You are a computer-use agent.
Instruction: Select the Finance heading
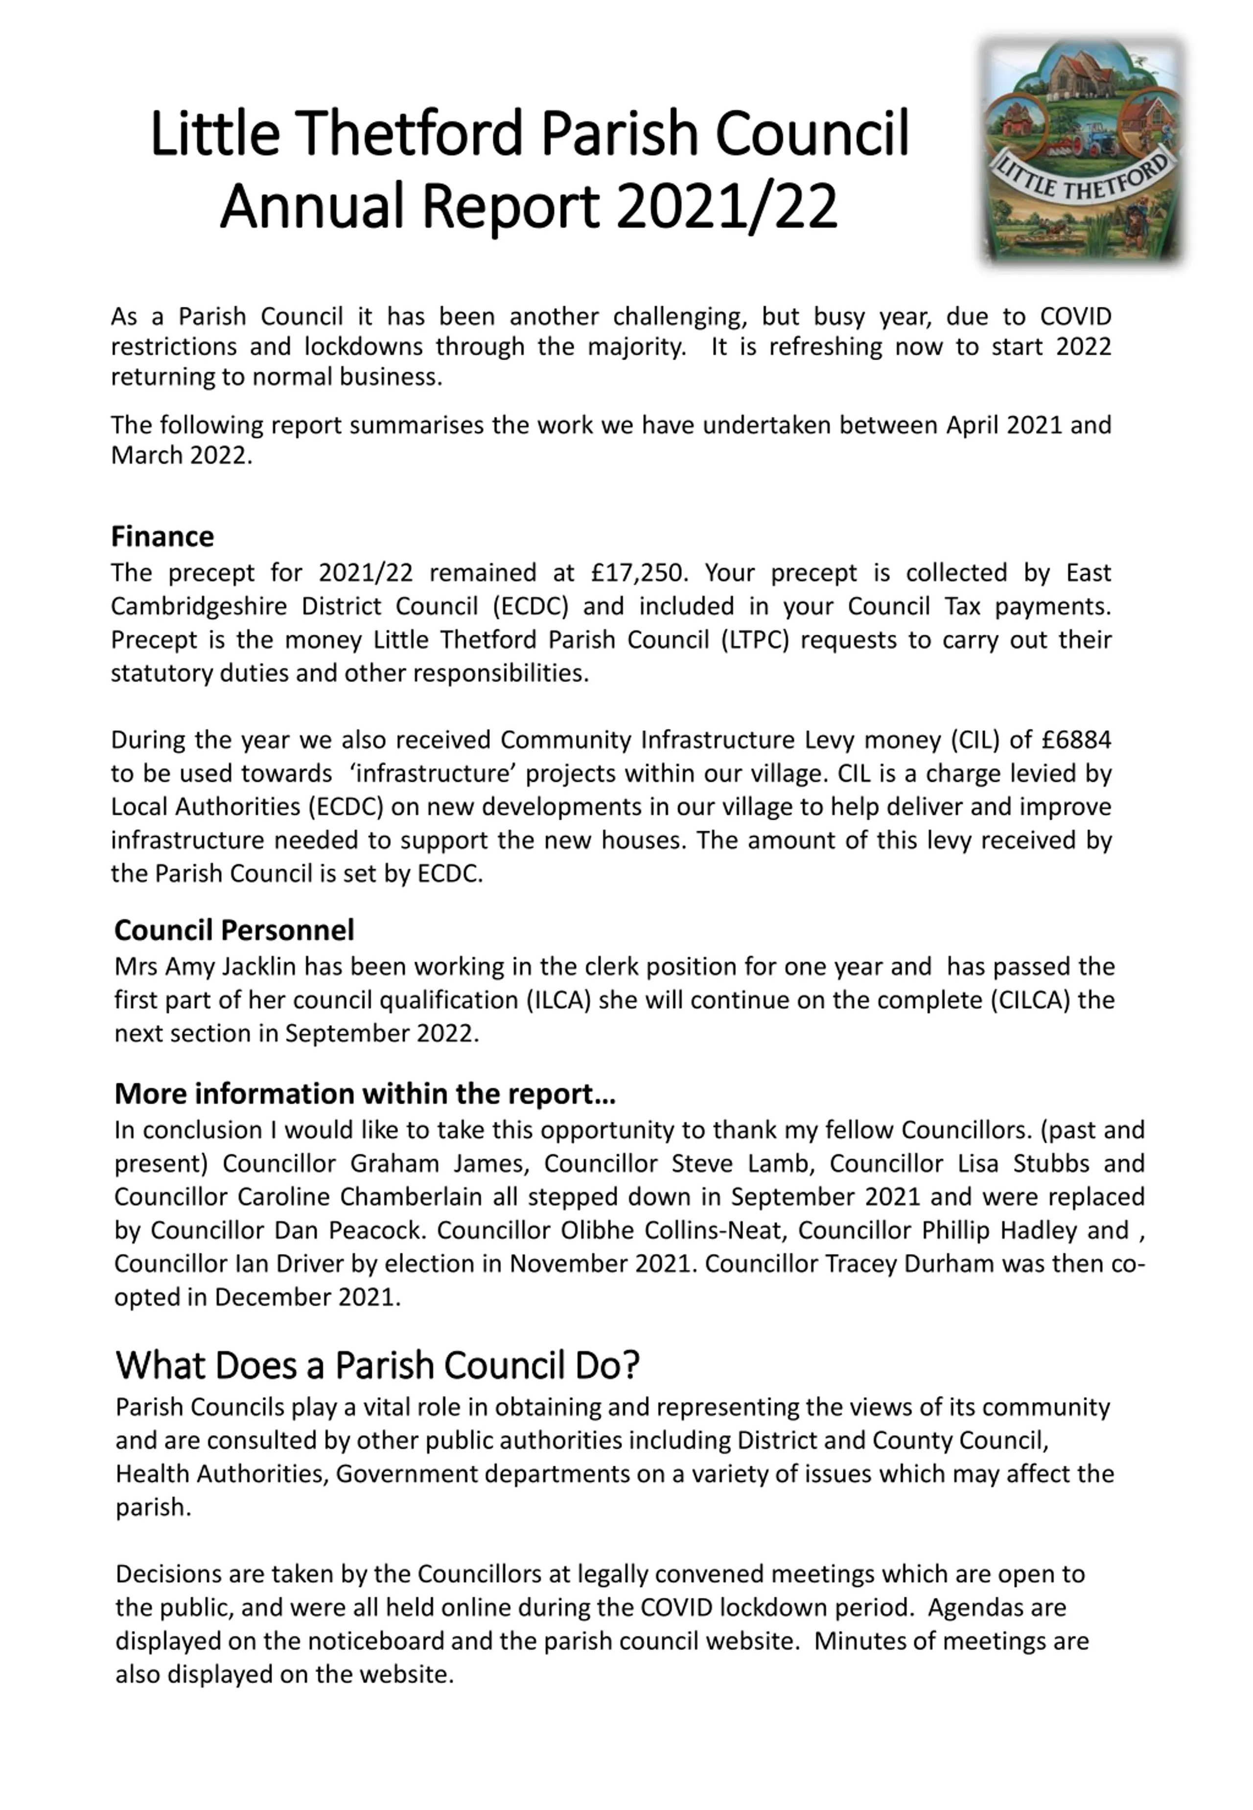pos(162,537)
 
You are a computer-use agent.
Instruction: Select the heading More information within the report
pos(364,1093)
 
